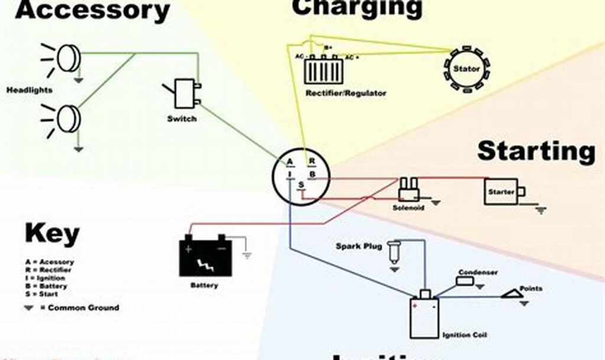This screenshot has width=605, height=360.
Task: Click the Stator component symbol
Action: (467, 69)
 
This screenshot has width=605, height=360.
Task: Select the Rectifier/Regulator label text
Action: (346, 93)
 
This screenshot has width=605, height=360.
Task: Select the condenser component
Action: (466, 280)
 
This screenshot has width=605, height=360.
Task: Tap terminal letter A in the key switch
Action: (290, 162)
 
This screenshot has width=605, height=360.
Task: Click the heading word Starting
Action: (536, 151)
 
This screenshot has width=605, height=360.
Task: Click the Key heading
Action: (52, 234)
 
